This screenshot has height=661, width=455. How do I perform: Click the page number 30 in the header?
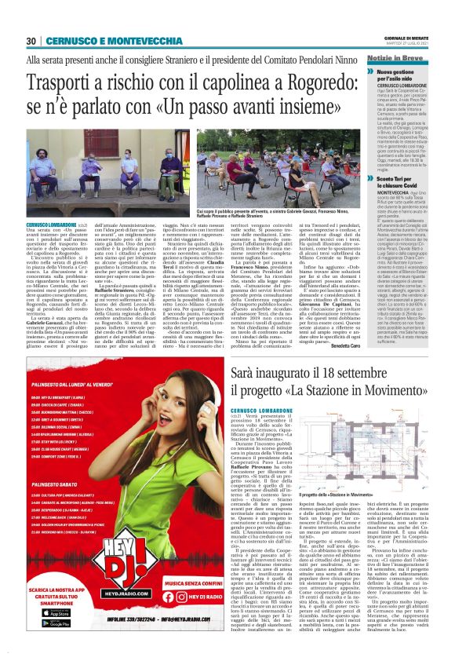click(31, 41)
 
